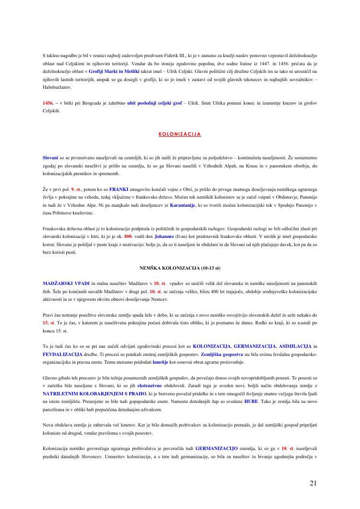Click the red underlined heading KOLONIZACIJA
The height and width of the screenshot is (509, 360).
180,134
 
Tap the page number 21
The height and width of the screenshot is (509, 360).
313,483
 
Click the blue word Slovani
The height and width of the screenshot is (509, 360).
50,157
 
